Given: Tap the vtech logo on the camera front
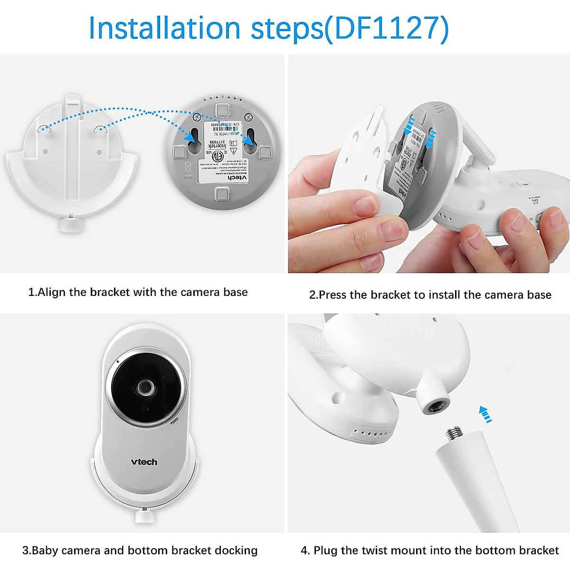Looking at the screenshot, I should point(144,462).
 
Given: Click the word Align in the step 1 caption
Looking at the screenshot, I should point(52,292).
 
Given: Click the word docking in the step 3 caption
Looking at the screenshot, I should point(236,551).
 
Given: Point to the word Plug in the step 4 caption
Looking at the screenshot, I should point(325,551).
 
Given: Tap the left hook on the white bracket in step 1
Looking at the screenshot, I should point(43,129).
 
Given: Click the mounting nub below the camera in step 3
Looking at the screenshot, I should point(142,515).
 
